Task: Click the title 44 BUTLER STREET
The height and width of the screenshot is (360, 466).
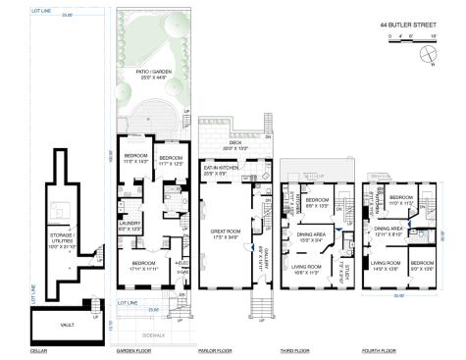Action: tap(410, 26)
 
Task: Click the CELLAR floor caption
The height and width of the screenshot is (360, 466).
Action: tap(38, 350)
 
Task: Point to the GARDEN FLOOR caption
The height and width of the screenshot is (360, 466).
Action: tap(134, 350)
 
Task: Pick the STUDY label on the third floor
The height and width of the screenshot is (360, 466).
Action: tap(337, 263)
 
